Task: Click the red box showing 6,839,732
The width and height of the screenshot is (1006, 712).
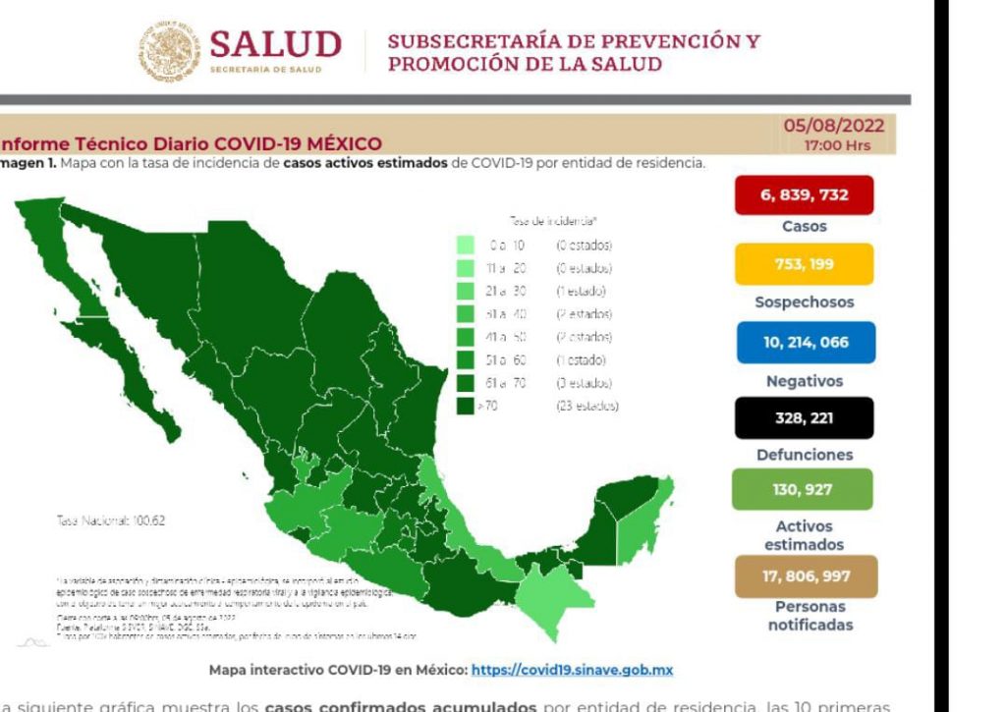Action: [804, 194]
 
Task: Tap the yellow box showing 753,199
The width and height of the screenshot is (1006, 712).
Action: [804, 264]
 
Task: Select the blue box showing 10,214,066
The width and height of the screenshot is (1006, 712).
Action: [804, 343]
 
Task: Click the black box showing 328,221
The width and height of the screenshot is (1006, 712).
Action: [804, 417]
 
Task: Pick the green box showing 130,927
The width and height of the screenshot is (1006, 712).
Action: [803, 489]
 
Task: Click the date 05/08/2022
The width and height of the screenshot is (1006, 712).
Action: [833, 126]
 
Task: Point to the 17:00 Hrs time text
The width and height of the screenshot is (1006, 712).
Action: [836, 145]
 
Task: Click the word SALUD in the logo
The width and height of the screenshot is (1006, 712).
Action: [275, 44]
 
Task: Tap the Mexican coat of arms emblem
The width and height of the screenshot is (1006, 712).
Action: [168, 51]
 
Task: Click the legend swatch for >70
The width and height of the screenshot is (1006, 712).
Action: [466, 406]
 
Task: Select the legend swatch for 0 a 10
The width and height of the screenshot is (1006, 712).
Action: [466, 245]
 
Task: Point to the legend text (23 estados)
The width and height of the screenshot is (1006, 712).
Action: [587, 406]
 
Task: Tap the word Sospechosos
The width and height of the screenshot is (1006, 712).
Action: [804, 302]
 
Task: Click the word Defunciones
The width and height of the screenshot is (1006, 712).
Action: [804, 455]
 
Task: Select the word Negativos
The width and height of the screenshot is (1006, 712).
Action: [804, 381]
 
